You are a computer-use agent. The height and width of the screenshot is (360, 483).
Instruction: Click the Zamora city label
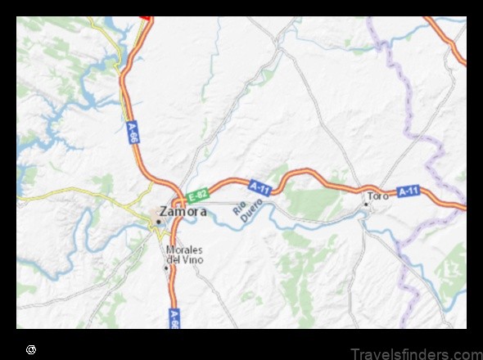pyautogui.click(x=183, y=211)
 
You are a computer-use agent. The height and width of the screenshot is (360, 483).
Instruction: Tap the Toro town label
pyautogui.click(x=378, y=196)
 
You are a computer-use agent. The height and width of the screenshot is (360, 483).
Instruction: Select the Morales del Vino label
pyautogui.click(x=183, y=254)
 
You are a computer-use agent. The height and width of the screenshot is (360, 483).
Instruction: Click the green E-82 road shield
pyautogui.click(x=196, y=195)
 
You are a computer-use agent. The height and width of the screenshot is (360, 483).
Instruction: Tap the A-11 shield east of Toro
pyautogui.click(x=409, y=191)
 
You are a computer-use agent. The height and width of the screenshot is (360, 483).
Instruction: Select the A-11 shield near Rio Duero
pyautogui.click(x=260, y=188)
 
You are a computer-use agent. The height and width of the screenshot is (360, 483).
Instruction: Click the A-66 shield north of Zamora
pyautogui.click(x=132, y=131)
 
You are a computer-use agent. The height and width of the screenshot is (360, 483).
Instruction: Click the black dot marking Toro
pyautogui.click(x=366, y=203)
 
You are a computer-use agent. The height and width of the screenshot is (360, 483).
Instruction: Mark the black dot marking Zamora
pyautogui.click(x=158, y=221)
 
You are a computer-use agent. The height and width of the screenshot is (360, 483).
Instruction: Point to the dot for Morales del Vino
pyautogui.click(x=166, y=266)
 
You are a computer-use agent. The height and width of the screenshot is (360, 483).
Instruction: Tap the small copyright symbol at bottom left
pyautogui.click(x=31, y=349)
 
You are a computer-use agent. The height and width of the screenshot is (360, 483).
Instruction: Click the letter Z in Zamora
pyautogui.click(x=164, y=211)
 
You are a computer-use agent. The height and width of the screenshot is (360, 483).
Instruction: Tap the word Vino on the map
pyautogui.click(x=192, y=259)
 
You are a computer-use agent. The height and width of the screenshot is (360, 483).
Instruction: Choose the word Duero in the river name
pyautogui.click(x=248, y=205)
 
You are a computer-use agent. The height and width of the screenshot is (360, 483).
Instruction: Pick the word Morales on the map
pyautogui.click(x=183, y=250)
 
